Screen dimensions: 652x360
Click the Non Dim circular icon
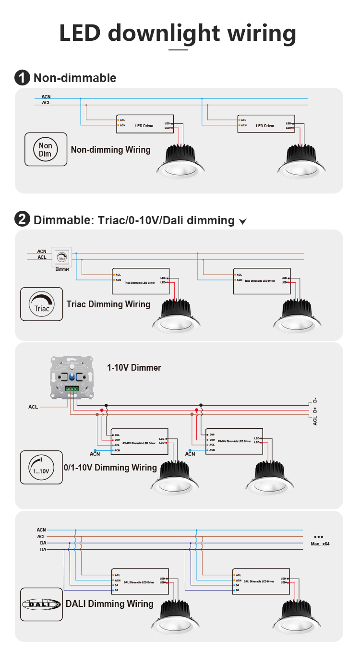46,149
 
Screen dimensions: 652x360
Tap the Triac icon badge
42,304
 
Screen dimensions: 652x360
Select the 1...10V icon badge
41,467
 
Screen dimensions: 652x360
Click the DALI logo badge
42,604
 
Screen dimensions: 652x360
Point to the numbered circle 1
22,78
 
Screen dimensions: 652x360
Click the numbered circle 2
22,220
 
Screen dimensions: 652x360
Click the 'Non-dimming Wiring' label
110,150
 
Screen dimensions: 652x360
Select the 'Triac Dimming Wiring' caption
108,304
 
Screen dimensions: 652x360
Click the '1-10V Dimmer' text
134,368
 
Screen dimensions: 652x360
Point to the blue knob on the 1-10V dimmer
72,377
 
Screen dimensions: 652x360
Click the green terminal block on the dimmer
72,389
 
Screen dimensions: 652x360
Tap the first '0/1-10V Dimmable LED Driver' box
139,442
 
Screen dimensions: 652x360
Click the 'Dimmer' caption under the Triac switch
62,269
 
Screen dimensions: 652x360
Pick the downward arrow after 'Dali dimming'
243,221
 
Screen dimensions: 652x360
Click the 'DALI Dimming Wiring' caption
109,604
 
